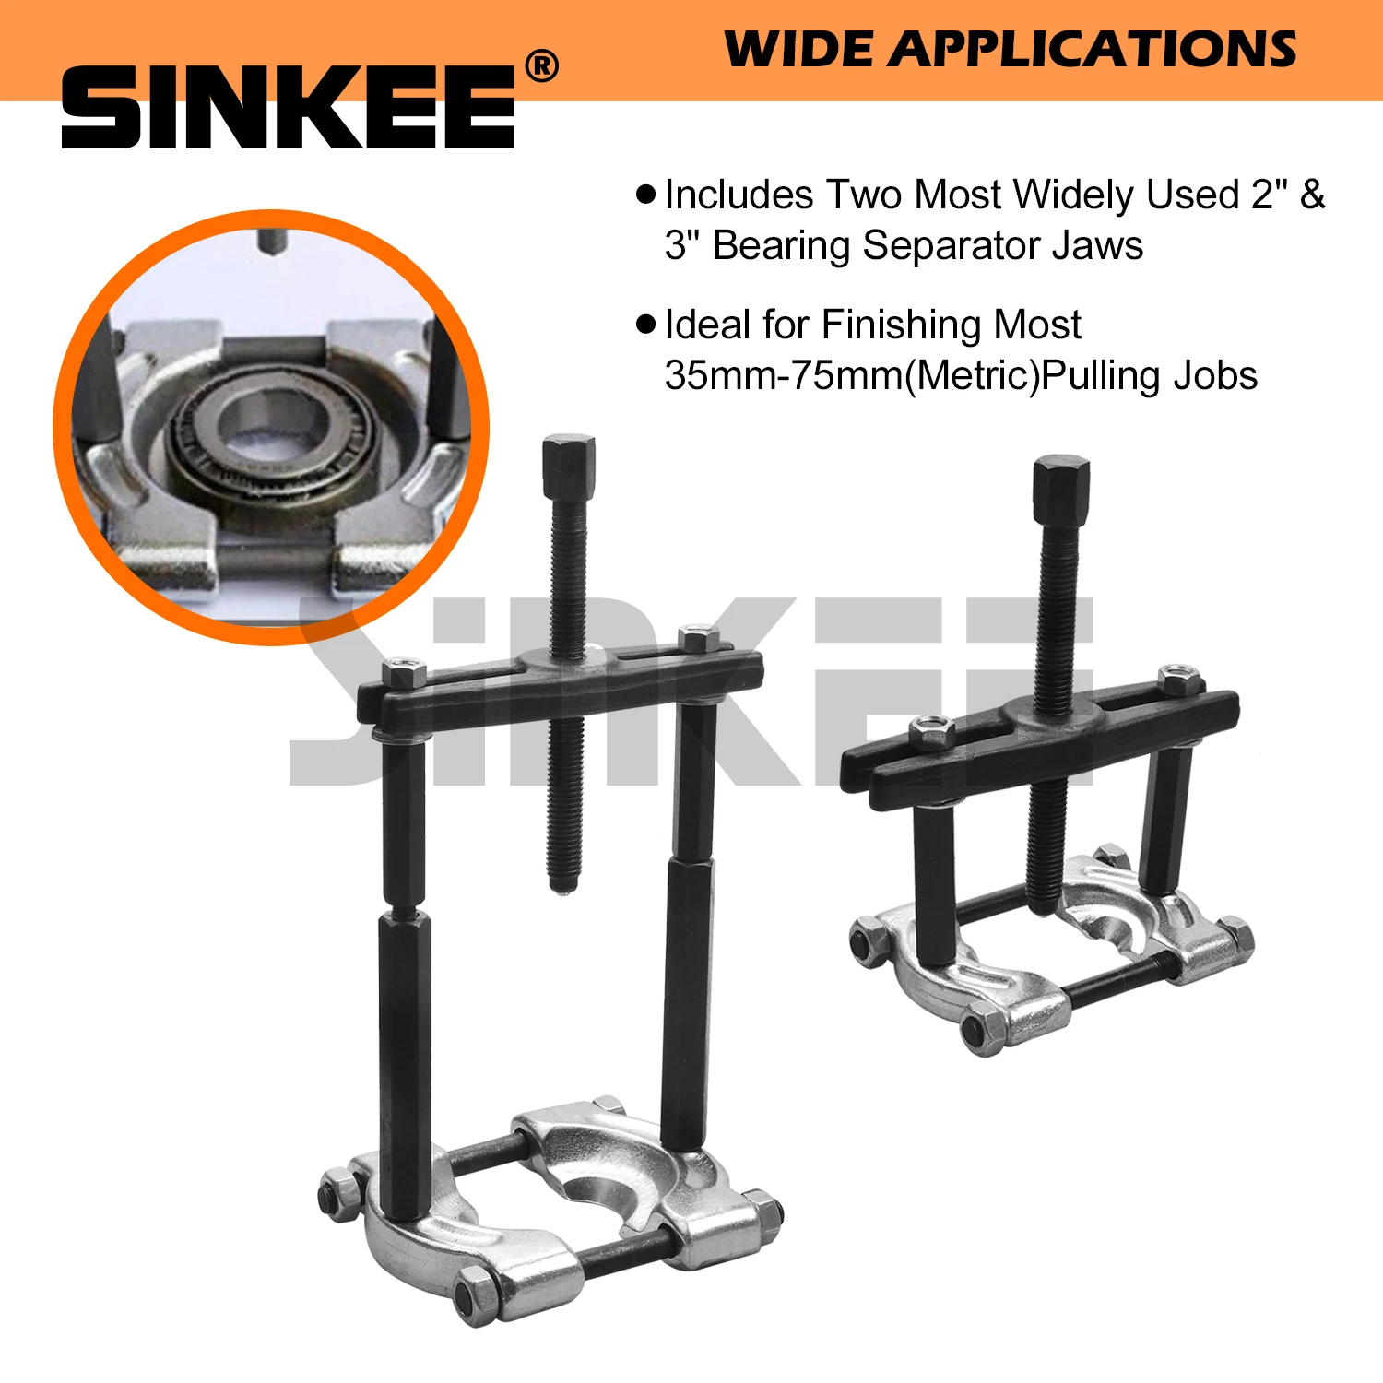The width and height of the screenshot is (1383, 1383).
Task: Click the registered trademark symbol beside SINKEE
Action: coord(541,66)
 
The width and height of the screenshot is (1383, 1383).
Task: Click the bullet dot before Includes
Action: coord(646,195)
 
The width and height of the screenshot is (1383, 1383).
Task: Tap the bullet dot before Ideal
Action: coord(646,324)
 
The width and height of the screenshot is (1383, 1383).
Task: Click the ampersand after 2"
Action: coord(1312,195)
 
